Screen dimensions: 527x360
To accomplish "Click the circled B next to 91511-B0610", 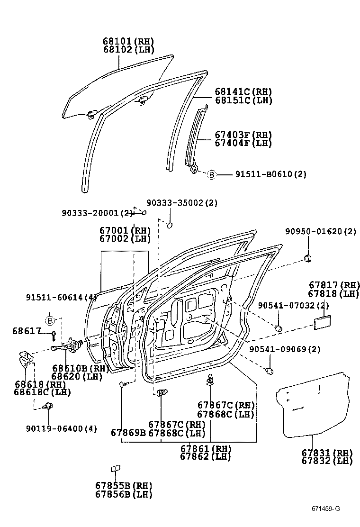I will [x=212, y=175].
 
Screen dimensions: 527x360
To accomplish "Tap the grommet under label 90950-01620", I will [x=309, y=258].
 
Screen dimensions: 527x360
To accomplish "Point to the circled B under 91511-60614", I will [x=50, y=321].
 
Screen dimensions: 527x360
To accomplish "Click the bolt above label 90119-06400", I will [x=47, y=406].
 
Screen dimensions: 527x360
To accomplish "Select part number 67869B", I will [x=128, y=432].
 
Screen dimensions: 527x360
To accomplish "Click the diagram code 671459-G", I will [x=325, y=509].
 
